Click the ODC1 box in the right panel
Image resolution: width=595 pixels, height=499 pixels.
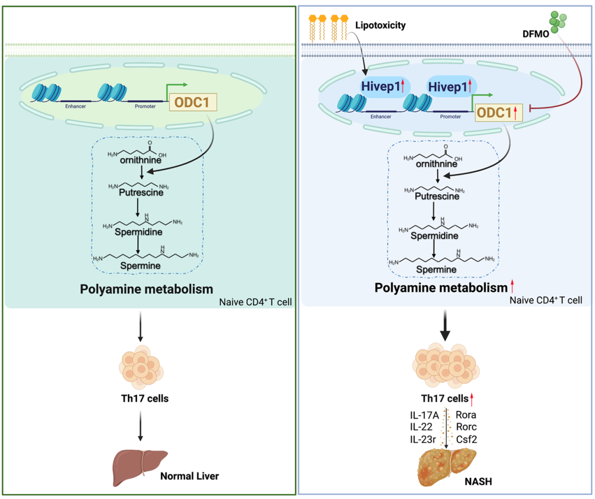tap(496, 113)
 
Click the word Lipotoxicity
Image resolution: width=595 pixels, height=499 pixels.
tap(380, 25)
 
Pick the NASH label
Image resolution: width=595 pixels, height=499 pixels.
tap(478, 481)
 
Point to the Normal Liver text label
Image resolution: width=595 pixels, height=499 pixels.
tap(189, 476)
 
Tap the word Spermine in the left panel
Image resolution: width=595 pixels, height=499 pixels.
tap(142, 265)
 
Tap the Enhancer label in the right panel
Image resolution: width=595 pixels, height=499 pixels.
tap(381, 117)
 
